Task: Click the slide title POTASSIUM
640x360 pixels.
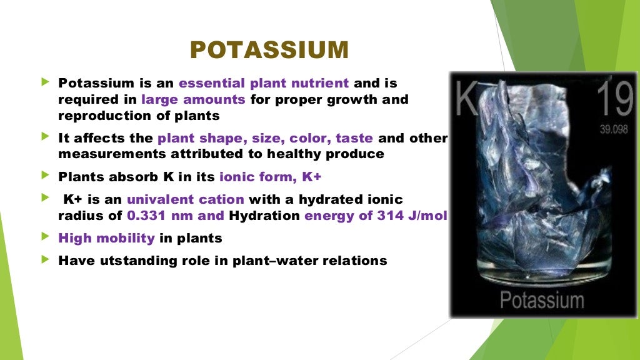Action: click(x=269, y=50)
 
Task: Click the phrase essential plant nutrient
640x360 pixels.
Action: click(x=264, y=83)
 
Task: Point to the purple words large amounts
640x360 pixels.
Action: click(x=194, y=99)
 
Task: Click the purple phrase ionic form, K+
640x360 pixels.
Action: click(x=270, y=177)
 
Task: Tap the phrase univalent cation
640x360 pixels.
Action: click(x=186, y=199)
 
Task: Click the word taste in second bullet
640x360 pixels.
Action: click(x=354, y=138)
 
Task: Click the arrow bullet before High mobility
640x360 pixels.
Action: click(x=44, y=237)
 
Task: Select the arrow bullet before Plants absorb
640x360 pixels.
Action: click(x=44, y=176)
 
